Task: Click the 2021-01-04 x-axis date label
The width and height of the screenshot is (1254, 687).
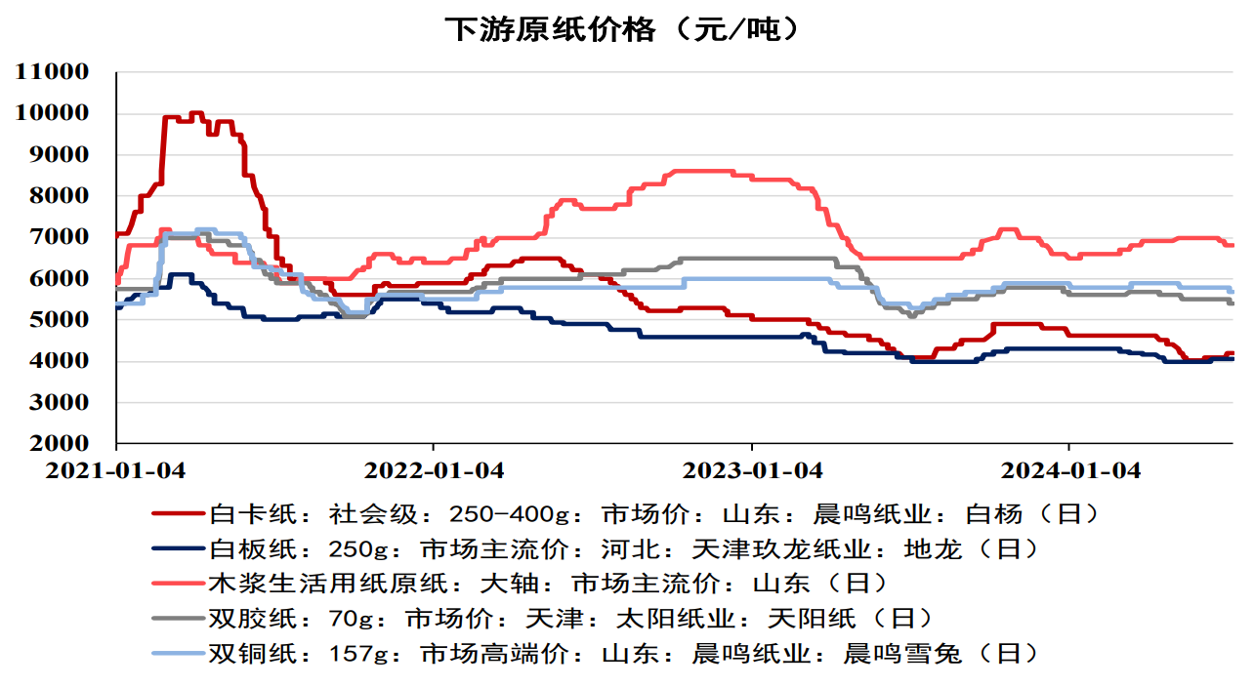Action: pos(116,470)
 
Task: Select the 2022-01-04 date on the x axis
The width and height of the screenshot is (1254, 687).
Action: pos(435,470)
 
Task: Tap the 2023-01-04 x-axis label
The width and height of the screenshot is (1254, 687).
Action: pos(752,470)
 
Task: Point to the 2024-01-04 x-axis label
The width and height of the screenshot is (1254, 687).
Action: pos(1070,470)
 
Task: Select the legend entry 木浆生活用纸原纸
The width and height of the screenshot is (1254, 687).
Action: pos(548,584)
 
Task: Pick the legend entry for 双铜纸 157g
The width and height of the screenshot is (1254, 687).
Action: pos(622,654)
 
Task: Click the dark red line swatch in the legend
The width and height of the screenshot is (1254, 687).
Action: pos(177,513)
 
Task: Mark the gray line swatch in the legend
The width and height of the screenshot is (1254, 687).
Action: pos(177,619)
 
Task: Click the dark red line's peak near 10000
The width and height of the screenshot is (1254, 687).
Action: pos(195,113)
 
